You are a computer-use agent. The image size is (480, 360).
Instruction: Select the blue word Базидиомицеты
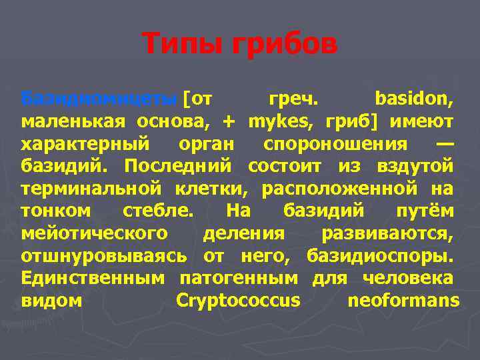pos(99,100)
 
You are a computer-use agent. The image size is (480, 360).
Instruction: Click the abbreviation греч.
pos(293,100)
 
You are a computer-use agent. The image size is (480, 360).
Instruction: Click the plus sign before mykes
pos(229,122)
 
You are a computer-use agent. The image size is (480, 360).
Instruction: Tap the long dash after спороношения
pos(445,144)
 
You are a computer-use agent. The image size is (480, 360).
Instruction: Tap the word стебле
pos(159,211)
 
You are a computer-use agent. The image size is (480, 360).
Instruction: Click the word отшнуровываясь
pos(106,255)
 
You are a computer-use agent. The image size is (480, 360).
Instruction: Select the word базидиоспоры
pos(380,255)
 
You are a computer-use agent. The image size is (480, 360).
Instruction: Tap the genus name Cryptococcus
pos(238,300)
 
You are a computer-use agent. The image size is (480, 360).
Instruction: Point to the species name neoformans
pos(404,300)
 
